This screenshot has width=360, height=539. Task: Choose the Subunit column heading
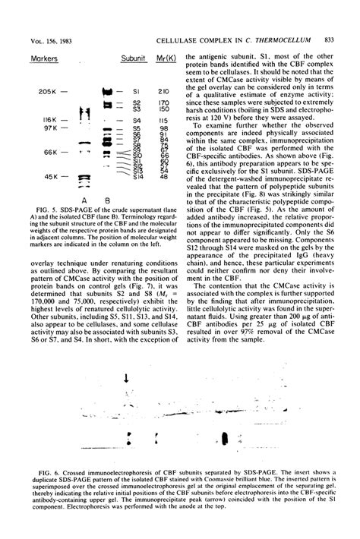coord(133,58)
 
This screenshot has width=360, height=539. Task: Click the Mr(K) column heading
coord(165,58)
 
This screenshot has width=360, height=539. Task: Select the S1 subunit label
coord(137,92)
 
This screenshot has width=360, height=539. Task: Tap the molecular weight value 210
coord(163,92)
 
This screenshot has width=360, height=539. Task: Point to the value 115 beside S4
coord(163,120)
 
